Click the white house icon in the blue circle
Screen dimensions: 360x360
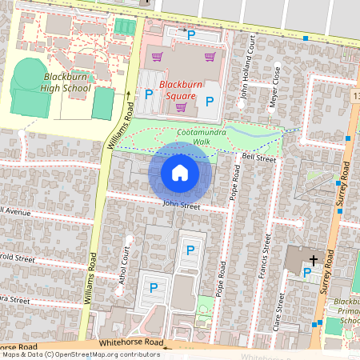tap(180, 172)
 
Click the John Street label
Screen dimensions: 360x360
tap(180, 204)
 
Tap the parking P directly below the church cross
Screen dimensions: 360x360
tap(307, 273)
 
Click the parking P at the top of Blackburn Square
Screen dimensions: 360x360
tap(190, 34)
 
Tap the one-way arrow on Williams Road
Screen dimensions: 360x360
tap(126, 95)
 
